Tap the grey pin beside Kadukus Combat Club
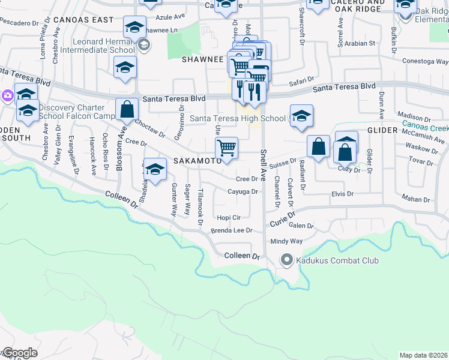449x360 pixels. pos(286,260)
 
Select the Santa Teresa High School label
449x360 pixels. pos(238,118)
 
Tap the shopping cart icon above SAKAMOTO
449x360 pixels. pos(226,147)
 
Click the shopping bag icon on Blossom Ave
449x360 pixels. pos(127,109)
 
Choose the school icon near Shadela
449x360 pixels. pos(155,170)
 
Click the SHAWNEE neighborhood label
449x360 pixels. pos(203,60)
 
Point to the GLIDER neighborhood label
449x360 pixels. pos(382,130)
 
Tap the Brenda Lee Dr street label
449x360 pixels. pos(231,230)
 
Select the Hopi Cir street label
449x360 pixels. pos(229,218)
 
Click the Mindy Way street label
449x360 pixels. pos(286,241)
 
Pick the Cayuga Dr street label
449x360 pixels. pos(243,192)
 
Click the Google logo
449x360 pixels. pos(19,353)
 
